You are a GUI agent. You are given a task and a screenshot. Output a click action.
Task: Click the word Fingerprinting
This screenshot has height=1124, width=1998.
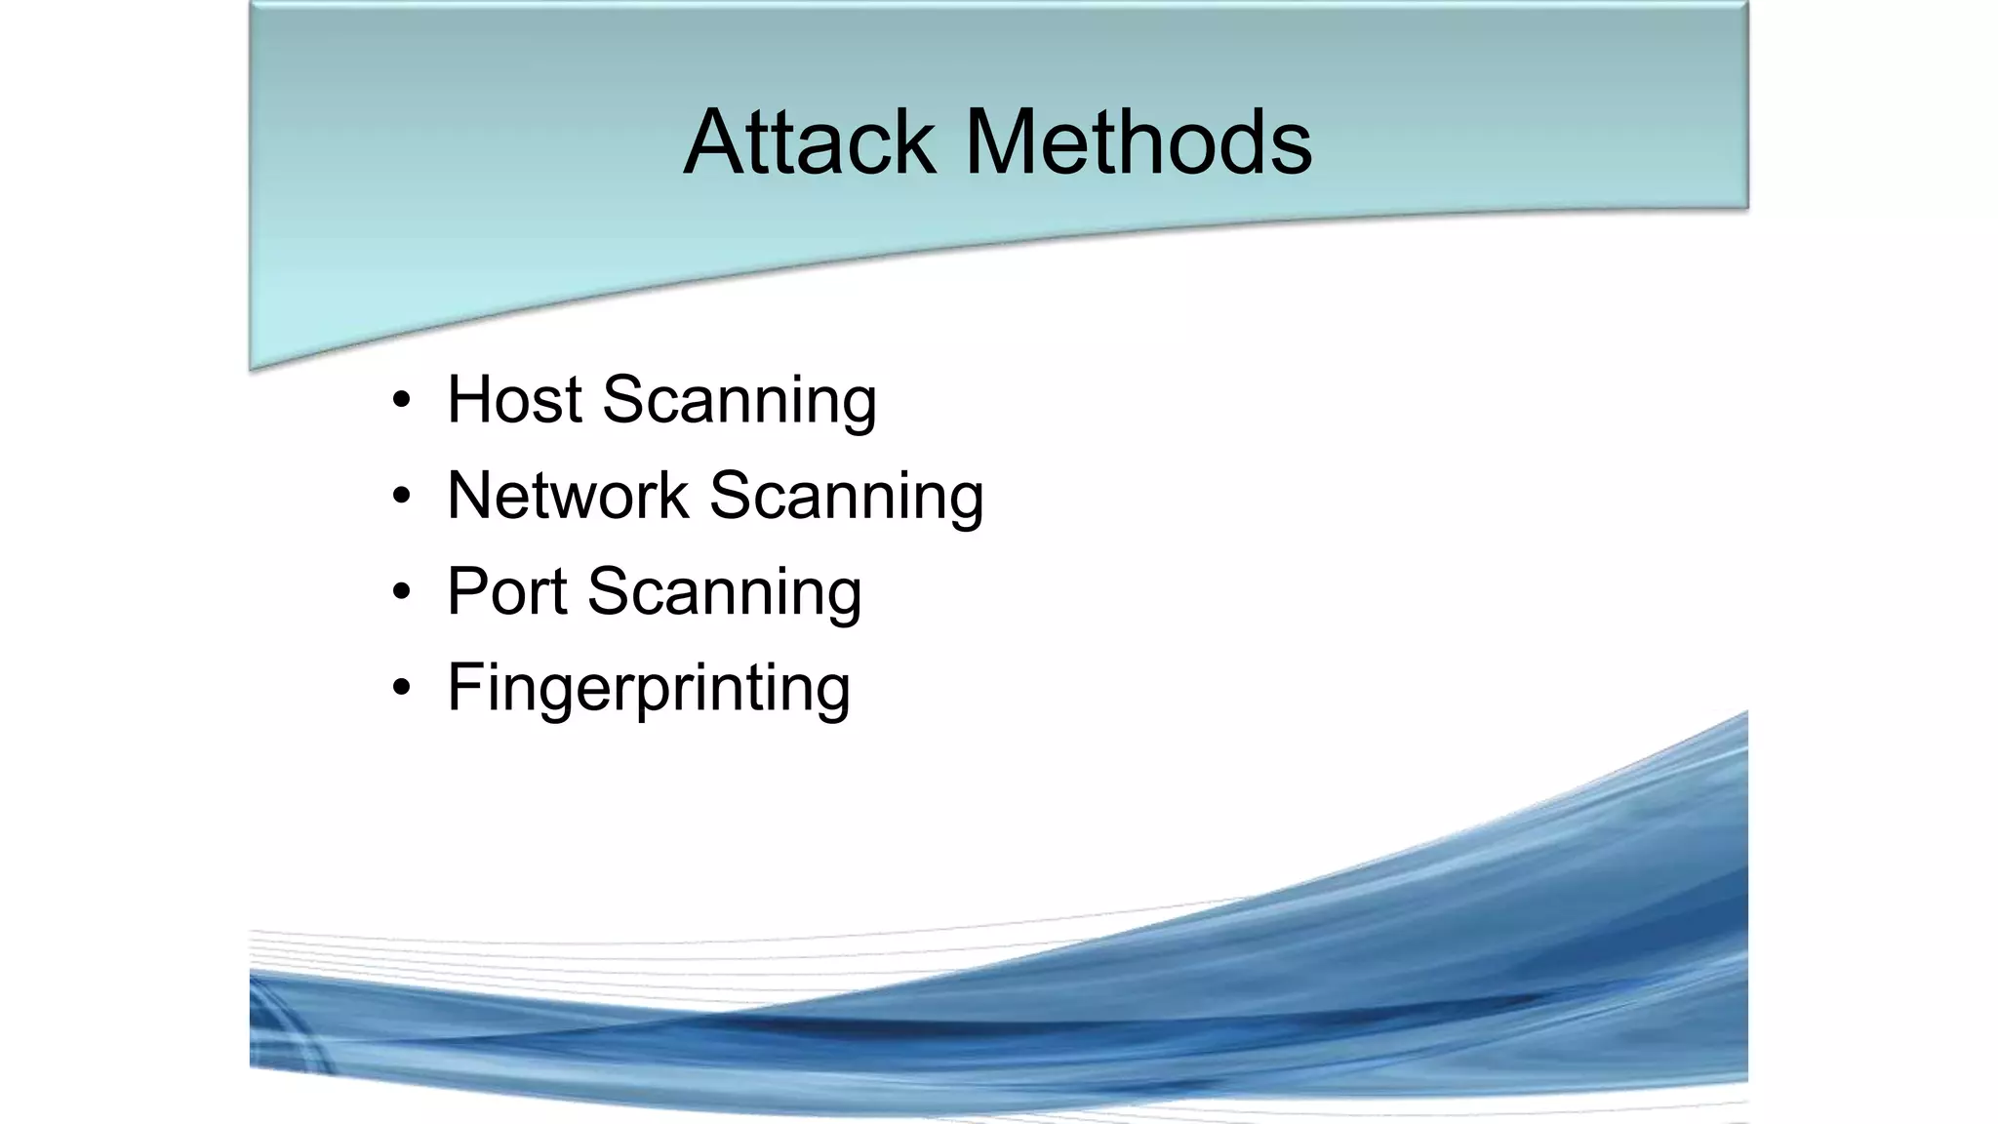(x=648, y=688)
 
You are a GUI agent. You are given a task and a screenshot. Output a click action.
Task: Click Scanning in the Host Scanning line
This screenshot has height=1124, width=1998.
(x=739, y=401)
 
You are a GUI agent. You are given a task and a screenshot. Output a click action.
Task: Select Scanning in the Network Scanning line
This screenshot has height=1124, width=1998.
(x=846, y=497)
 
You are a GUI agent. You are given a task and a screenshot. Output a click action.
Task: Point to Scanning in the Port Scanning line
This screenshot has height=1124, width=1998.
(x=724, y=592)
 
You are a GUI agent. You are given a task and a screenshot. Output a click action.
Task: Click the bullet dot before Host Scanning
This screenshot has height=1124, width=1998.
(x=401, y=401)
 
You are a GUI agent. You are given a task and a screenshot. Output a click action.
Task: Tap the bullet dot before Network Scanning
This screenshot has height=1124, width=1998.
(x=401, y=497)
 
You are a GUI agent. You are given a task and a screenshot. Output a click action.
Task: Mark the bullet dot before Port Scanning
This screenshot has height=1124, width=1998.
(x=401, y=592)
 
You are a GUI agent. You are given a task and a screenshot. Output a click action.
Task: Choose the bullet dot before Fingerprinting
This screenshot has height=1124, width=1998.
(x=401, y=688)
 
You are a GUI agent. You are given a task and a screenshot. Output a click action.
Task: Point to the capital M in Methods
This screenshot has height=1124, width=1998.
(x=1003, y=142)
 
